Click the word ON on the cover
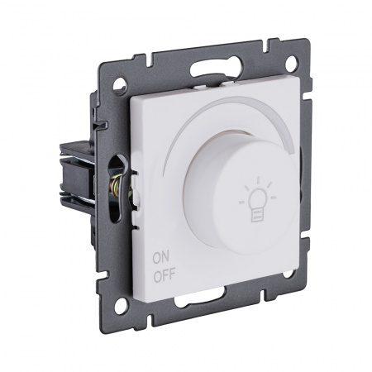click(x=161, y=258)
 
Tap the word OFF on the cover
click(x=165, y=276)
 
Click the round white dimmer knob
click(x=241, y=193)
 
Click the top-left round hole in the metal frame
click(x=120, y=83)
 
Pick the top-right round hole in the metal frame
click(x=291, y=63)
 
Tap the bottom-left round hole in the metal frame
click(x=122, y=304)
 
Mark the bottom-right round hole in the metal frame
click(x=288, y=273)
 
